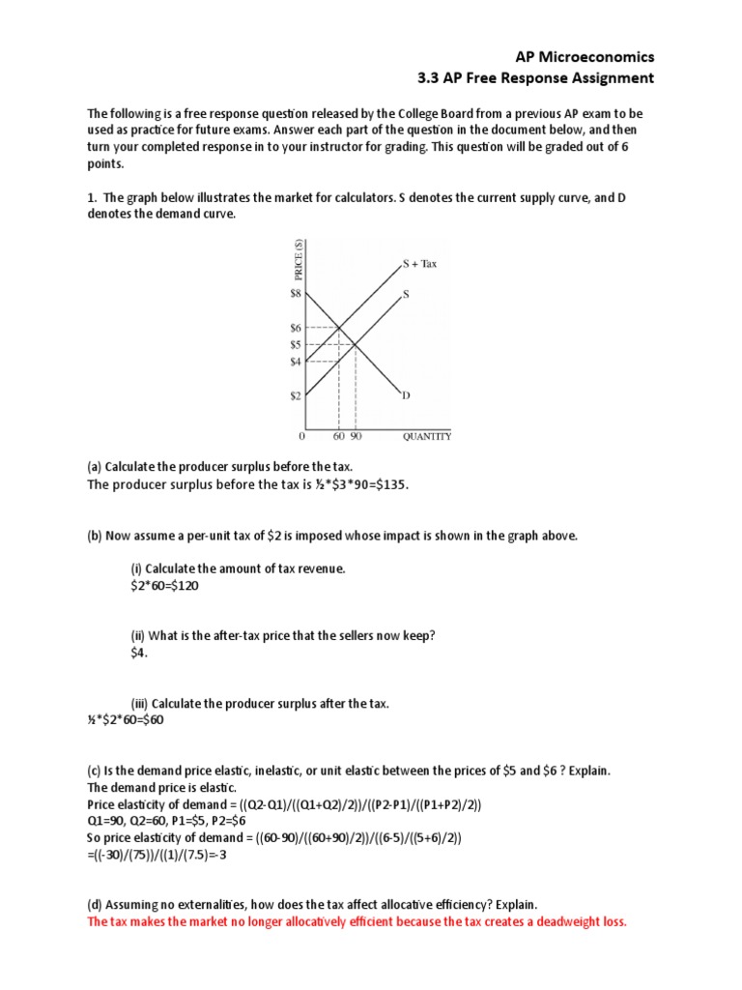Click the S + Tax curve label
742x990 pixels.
pyautogui.click(x=419, y=263)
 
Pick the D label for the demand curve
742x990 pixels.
pyautogui.click(x=406, y=395)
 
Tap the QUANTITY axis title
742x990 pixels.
pyautogui.click(x=426, y=437)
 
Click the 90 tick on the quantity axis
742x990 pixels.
pyautogui.click(x=356, y=437)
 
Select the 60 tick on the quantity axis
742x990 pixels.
pyautogui.click(x=339, y=437)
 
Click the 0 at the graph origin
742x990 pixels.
pyautogui.click(x=303, y=437)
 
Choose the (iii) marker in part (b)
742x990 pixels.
pyautogui.click(x=140, y=703)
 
